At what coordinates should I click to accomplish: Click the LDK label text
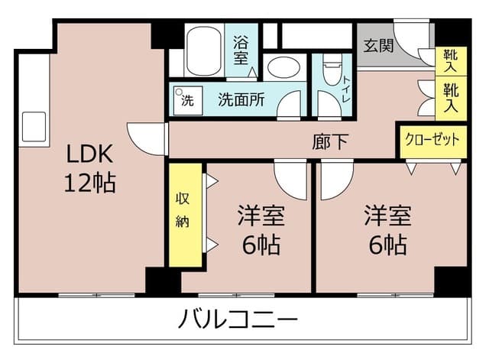pyautogui.click(x=90, y=154)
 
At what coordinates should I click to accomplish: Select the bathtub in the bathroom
pyautogui.click(x=204, y=51)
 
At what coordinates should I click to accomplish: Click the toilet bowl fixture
pyautogui.click(x=333, y=70)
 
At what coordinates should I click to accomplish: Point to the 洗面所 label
pyautogui.click(x=241, y=100)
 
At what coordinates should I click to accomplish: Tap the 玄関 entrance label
pyautogui.click(x=379, y=46)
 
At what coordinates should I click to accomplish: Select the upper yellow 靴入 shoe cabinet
pyautogui.click(x=451, y=61)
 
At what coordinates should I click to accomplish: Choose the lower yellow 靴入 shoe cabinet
pyautogui.click(x=451, y=99)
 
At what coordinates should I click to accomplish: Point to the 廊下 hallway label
pyautogui.click(x=330, y=141)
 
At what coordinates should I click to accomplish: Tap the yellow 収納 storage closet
pyautogui.click(x=185, y=215)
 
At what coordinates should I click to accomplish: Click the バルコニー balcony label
pyautogui.click(x=238, y=319)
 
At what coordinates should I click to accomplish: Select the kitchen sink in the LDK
pyautogui.click(x=34, y=127)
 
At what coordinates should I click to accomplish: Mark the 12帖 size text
pyautogui.click(x=90, y=182)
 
